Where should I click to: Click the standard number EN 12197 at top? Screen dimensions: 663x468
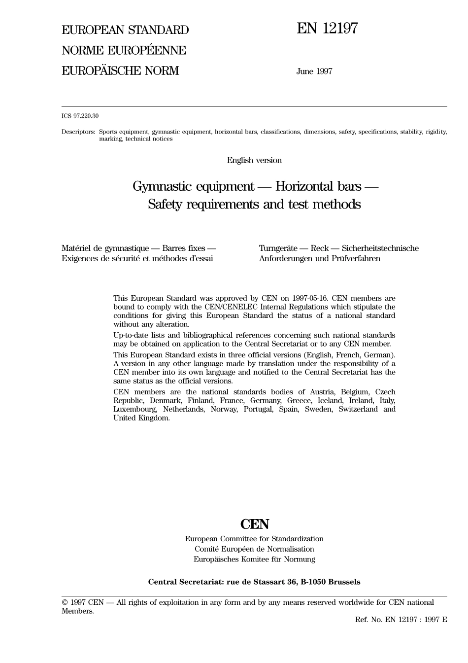[x=327, y=29]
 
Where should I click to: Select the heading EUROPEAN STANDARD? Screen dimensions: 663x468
[x=125, y=30]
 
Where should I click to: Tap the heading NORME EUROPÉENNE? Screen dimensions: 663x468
[x=124, y=50]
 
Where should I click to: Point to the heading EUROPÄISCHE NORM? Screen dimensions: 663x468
[x=120, y=71]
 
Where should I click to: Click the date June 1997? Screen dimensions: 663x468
[x=314, y=71]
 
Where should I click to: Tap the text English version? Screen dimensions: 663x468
[x=254, y=160]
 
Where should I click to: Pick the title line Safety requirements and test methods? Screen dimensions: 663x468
[x=254, y=204]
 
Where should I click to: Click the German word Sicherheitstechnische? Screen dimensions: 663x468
[x=380, y=248]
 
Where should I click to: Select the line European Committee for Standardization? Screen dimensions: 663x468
[x=254, y=539]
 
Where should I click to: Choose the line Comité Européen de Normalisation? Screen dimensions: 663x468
[x=254, y=549]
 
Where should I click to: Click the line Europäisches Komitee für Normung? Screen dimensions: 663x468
[x=254, y=559]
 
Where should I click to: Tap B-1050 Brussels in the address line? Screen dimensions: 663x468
[x=331, y=582]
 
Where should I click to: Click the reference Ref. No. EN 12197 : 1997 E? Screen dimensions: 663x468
[x=401, y=620]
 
